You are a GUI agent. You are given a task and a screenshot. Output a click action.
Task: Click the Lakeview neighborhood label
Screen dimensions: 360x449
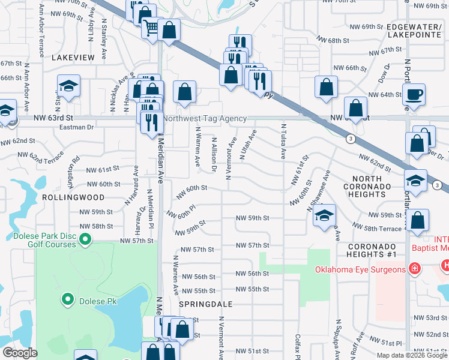click(x=73, y=57)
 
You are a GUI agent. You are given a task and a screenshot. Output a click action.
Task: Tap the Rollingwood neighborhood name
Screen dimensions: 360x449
click(x=73, y=197)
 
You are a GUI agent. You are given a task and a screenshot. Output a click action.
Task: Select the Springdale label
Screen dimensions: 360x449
click(x=205, y=304)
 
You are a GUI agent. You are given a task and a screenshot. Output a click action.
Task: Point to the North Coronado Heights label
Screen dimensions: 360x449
click(x=376, y=187)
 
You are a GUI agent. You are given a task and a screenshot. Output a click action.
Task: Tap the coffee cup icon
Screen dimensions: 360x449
click(x=414, y=94)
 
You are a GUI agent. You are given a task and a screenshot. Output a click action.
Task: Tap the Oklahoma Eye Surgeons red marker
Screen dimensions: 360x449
click(x=413, y=269)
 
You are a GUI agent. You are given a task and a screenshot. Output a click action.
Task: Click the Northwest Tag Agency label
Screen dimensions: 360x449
click(x=205, y=119)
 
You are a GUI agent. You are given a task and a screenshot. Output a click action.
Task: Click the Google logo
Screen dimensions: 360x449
click(x=20, y=353)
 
